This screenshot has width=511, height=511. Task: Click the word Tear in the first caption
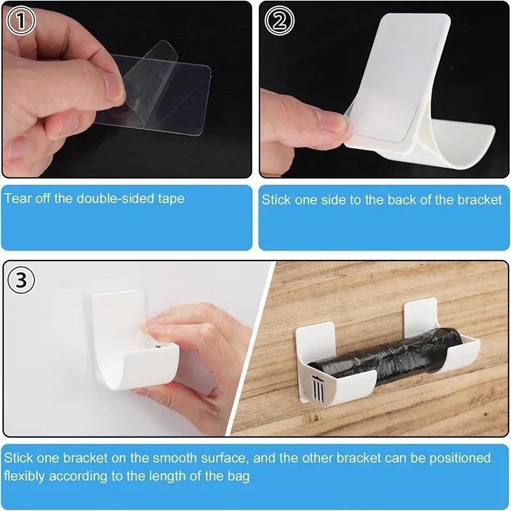pos(18,198)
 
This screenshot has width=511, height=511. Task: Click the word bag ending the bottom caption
pos(240,477)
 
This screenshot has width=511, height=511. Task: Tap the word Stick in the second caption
pos(276,200)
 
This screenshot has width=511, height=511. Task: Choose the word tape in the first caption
pos(171,199)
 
